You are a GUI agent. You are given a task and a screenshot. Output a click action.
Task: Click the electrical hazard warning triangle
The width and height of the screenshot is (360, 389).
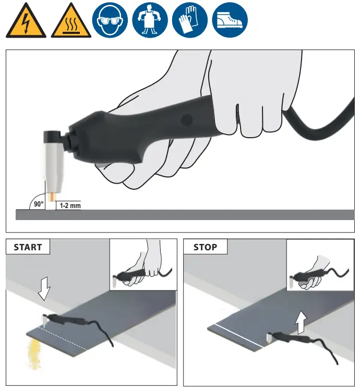[26, 22]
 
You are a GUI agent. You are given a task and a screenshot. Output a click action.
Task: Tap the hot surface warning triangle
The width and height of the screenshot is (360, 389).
[69, 22]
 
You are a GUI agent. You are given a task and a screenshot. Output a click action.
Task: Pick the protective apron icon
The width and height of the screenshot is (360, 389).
[151, 21]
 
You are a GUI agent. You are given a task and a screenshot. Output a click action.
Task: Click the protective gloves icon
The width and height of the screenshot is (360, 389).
[191, 21]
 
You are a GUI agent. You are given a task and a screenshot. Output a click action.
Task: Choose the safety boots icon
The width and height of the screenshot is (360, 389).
[231, 21]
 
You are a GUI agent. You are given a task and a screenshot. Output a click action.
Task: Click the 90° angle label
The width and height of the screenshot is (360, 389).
[39, 204]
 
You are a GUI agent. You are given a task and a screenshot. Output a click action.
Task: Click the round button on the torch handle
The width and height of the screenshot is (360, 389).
[186, 120]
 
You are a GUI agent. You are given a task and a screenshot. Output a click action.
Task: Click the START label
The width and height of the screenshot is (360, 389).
[28, 247]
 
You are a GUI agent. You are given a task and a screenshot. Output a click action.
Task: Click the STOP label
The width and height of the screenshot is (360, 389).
[205, 247]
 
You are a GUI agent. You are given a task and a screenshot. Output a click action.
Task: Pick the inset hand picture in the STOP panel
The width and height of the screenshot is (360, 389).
[320, 264]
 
